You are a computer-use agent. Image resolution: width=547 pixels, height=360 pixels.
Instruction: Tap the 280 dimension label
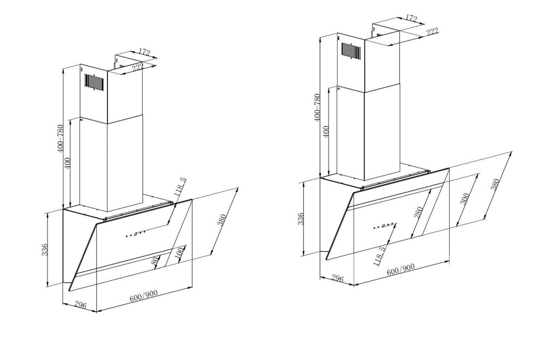[x=418, y=213]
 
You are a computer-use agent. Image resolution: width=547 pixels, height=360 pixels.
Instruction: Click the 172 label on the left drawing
[x=144, y=52]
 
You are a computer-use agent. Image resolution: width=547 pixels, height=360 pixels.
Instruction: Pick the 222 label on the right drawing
[x=432, y=32]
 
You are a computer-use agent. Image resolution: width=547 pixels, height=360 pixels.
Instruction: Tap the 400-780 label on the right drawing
[x=317, y=107]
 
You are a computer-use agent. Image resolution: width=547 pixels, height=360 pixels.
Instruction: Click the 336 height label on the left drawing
[x=45, y=250]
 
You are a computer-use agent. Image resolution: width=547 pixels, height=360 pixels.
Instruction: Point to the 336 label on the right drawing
[x=301, y=218]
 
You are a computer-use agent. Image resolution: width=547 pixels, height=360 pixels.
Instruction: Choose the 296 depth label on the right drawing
[x=337, y=278]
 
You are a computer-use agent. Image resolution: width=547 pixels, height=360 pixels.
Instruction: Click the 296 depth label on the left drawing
[x=80, y=305]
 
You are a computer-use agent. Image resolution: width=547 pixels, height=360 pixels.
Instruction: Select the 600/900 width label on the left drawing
[x=143, y=296]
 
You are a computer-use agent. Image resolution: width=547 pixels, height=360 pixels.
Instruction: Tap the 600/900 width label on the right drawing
[x=401, y=269]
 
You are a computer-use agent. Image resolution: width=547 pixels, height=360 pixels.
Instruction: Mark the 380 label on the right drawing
[x=495, y=184]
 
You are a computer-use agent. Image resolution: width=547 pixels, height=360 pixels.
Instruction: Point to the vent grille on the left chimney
[x=94, y=82]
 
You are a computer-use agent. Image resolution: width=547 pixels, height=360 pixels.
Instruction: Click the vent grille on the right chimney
[x=351, y=50]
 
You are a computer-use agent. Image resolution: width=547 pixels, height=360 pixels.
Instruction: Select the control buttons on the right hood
[x=384, y=226]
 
